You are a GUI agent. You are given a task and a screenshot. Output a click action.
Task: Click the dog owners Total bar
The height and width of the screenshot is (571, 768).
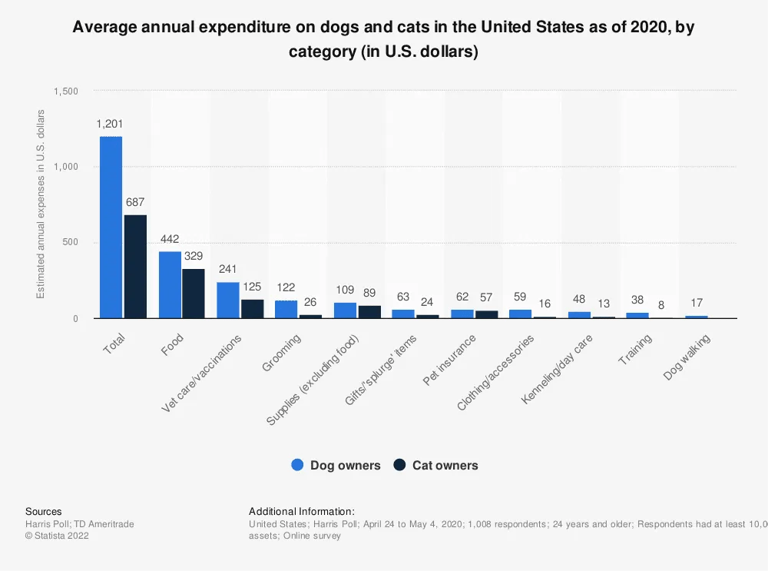pyautogui.click(x=111, y=227)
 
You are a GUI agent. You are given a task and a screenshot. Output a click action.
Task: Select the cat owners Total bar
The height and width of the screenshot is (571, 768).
pyautogui.click(x=135, y=267)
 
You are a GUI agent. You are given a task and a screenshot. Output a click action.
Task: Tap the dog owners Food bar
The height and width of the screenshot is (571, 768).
pyautogui.click(x=170, y=285)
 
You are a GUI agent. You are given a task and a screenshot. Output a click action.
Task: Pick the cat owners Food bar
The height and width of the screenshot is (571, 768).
pyautogui.click(x=194, y=294)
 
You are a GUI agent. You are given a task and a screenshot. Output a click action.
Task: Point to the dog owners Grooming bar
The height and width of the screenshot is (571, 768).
pyautogui.click(x=286, y=309)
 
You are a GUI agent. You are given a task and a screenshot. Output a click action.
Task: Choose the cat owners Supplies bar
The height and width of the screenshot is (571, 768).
pyautogui.click(x=369, y=312)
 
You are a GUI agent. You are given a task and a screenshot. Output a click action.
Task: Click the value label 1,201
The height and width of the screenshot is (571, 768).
pyautogui.click(x=110, y=124)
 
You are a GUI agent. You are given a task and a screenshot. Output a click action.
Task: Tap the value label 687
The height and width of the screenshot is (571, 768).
pyautogui.click(x=135, y=202)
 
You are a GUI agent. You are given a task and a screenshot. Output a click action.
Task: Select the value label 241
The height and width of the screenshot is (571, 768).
pyautogui.click(x=227, y=270)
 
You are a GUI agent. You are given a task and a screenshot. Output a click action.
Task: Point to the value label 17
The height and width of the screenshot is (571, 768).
pyautogui.click(x=696, y=303)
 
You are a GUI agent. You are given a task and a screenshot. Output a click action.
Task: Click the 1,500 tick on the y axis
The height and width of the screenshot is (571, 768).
pyautogui.click(x=67, y=91)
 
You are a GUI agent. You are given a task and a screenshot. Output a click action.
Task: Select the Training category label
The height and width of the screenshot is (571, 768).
pyautogui.click(x=635, y=350)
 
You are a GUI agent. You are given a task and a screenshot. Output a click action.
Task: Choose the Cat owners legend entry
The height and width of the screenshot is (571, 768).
pyautogui.click(x=435, y=465)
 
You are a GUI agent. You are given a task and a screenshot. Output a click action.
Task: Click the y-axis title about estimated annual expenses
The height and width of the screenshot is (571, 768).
pyautogui.click(x=41, y=204)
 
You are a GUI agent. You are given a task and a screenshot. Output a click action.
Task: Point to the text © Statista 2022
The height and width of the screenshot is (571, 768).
pyautogui.click(x=57, y=536)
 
